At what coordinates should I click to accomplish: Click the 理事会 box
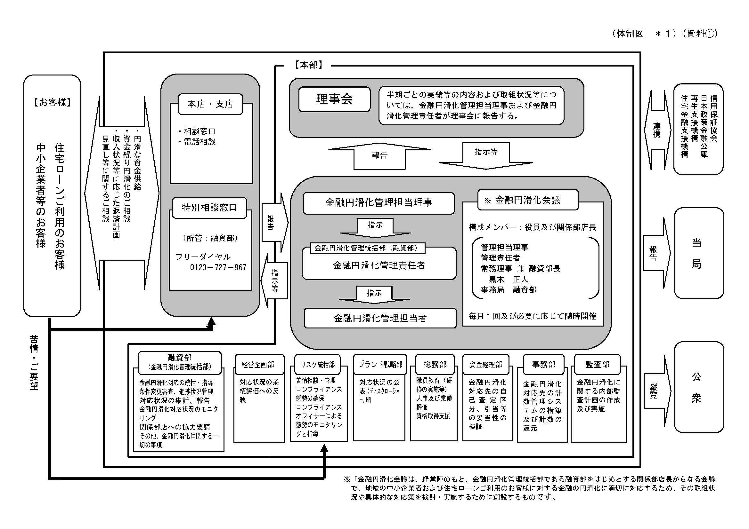[334, 99]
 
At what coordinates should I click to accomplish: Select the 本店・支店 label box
[210, 104]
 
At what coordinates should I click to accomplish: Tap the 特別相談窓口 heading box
[209, 208]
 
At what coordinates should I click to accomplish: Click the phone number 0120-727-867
[218, 267]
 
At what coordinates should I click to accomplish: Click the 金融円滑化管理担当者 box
[380, 318]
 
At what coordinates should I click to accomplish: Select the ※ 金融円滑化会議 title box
[527, 200]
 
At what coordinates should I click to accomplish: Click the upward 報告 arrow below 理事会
[379, 156]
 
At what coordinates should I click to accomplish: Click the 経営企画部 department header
[258, 365]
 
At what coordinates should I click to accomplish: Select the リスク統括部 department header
[317, 365]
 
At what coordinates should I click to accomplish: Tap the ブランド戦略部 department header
[380, 364]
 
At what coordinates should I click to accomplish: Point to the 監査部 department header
[597, 365]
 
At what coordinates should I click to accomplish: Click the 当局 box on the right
[698, 253]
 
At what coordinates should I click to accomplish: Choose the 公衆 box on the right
[698, 387]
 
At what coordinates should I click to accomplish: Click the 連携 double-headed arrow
[657, 130]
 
